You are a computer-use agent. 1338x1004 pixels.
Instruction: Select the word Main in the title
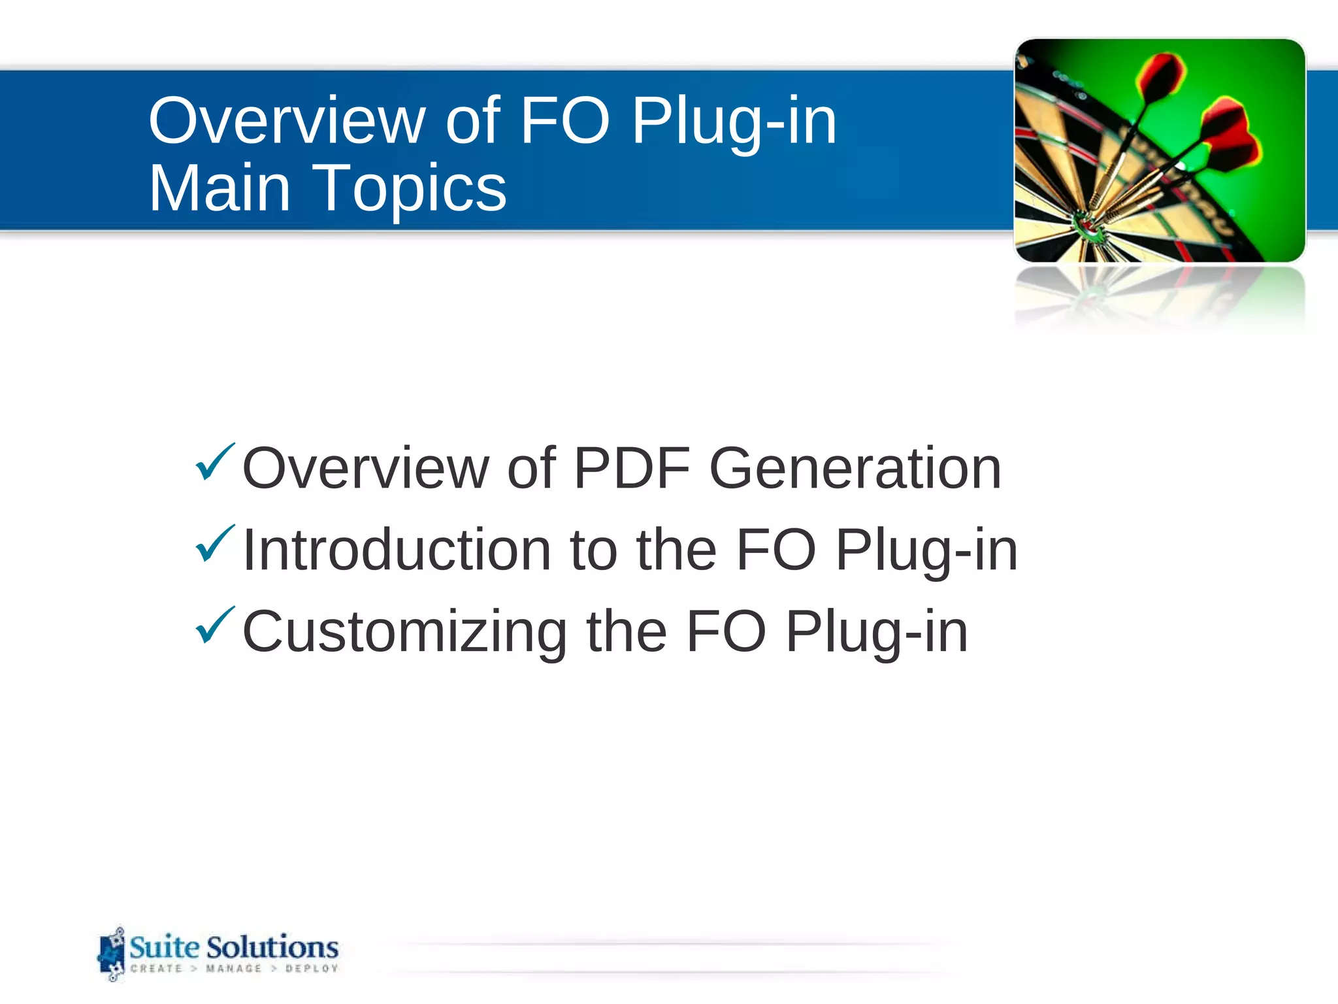pos(220,188)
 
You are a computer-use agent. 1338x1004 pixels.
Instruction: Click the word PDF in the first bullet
pos(631,468)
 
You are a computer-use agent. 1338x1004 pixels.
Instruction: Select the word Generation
pos(855,468)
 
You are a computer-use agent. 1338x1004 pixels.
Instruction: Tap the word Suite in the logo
pos(164,947)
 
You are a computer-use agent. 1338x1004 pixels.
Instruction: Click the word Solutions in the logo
pos(272,947)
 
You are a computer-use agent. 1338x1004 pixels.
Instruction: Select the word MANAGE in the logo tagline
pos(233,969)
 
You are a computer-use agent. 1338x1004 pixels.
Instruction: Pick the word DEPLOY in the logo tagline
pos(312,969)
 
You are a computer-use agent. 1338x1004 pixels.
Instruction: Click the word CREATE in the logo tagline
pos(156,969)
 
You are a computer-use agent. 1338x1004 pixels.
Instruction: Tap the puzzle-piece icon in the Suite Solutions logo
pos(111,954)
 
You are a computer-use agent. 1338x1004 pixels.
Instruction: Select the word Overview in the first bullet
pos(366,468)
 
